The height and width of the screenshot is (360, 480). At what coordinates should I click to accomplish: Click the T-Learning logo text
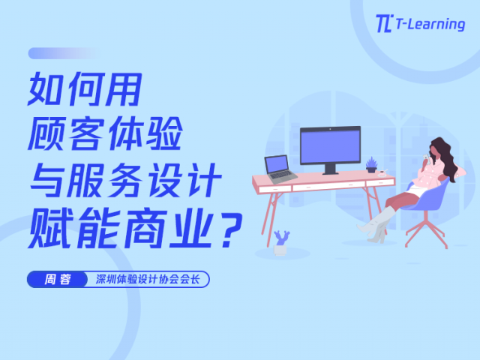(x=430, y=24)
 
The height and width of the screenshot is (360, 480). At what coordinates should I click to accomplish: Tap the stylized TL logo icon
(x=384, y=23)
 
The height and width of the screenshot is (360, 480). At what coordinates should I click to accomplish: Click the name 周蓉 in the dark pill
(x=57, y=279)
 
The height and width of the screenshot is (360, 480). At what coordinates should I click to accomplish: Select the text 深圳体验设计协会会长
(x=148, y=279)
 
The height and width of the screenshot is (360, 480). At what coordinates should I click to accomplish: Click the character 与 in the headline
(x=46, y=180)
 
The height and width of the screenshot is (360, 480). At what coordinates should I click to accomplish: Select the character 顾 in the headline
(x=46, y=134)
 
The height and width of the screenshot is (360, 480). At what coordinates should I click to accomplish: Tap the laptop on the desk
(x=280, y=169)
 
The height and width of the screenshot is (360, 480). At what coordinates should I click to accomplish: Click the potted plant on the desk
(x=372, y=165)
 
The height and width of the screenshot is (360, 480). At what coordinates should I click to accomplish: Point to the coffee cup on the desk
(x=382, y=173)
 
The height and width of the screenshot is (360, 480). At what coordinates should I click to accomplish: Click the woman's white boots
(x=377, y=226)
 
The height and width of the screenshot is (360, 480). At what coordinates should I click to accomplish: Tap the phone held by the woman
(x=426, y=157)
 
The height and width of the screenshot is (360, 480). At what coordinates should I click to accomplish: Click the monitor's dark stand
(x=330, y=169)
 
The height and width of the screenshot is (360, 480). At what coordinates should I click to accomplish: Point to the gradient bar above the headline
(x=65, y=53)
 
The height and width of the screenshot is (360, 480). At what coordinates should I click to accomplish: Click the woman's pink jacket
(x=430, y=175)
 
